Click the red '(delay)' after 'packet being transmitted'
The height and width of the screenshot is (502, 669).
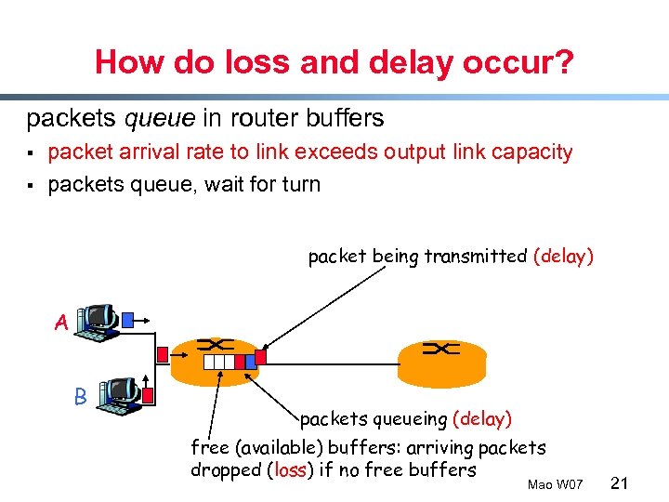563,257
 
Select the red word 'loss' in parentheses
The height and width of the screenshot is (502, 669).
290,470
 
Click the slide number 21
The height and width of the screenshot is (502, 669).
622,483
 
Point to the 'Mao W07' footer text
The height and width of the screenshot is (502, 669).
554,485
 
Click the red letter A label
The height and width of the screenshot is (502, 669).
60,324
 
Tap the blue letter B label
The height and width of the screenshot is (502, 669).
81,397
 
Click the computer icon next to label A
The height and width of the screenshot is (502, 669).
98,320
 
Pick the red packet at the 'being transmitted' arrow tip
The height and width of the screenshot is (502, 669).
261,354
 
